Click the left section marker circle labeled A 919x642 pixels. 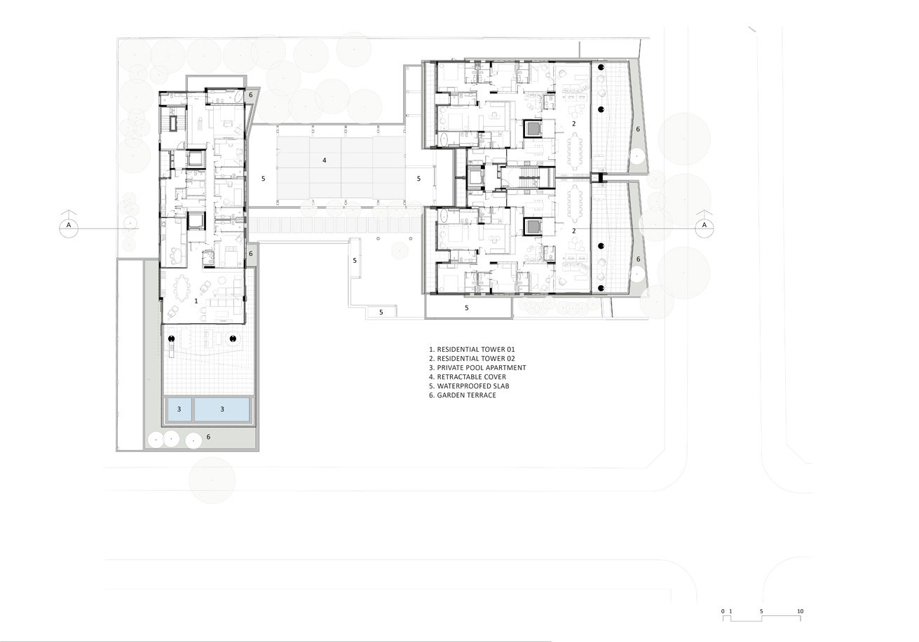pyautogui.click(x=69, y=228)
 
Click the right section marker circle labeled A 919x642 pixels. pyautogui.click(x=704, y=228)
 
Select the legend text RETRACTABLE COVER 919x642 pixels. pyautogui.click(x=471, y=376)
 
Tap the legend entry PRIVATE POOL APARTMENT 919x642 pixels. pyautogui.click(x=482, y=367)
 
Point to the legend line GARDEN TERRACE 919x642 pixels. pyautogui.click(x=466, y=395)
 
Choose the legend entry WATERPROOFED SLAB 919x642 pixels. pyautogui.click(x=473, y=386)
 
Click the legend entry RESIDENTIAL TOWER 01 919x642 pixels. pyautogui.click(x=476, y=350)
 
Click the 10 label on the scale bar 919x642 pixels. pyautogui.click(x=800, y=611)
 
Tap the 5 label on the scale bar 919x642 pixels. pyautogui.click(x=761, y=611)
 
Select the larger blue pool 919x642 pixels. pyautogui.click(x=222, y=409)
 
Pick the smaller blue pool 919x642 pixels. pyautogui.click(x=179, y=409)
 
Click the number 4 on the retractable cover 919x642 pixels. pyautogui.click(x=324, y=160)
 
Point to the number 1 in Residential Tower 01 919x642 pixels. pyautogui.click(x=196, y=301)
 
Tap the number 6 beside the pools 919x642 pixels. pyautogui.click(x=208, y=437)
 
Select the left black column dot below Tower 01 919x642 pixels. pyautogui.click(x=172, y=339)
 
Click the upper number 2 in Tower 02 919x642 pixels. pyautogui.click(x=574, y=123)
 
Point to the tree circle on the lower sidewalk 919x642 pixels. pyautogui.click(x=212, y=480)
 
